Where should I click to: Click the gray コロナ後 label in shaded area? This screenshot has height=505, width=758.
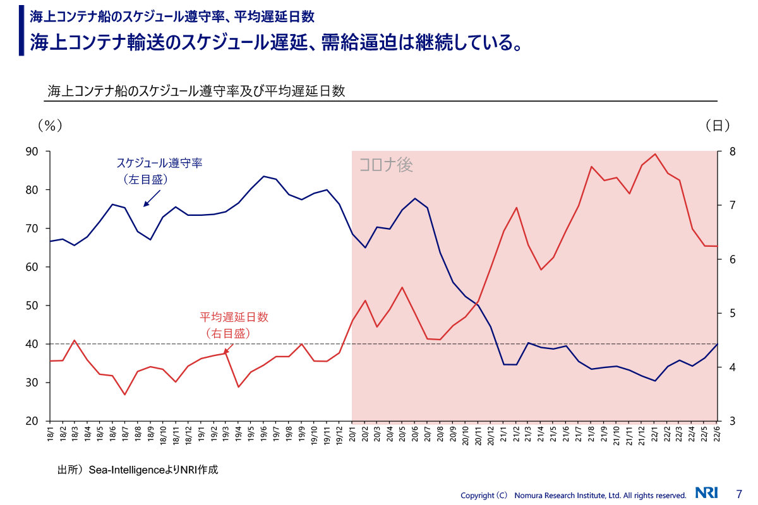386,165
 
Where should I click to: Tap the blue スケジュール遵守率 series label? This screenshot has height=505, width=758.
159,163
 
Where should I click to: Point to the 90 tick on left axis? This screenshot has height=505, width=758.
32,151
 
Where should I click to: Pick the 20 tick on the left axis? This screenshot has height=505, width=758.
32,421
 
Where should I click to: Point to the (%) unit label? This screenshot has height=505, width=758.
50,126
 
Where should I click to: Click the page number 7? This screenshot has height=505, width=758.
739,494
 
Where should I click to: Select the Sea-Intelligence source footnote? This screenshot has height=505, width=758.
137,470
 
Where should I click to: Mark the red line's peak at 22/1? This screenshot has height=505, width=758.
655,154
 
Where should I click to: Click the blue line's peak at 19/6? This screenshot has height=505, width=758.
264,176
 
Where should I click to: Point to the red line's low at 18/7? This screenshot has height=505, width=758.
125,395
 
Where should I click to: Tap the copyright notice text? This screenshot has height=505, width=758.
573,496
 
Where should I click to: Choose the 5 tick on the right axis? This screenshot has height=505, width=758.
731,313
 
